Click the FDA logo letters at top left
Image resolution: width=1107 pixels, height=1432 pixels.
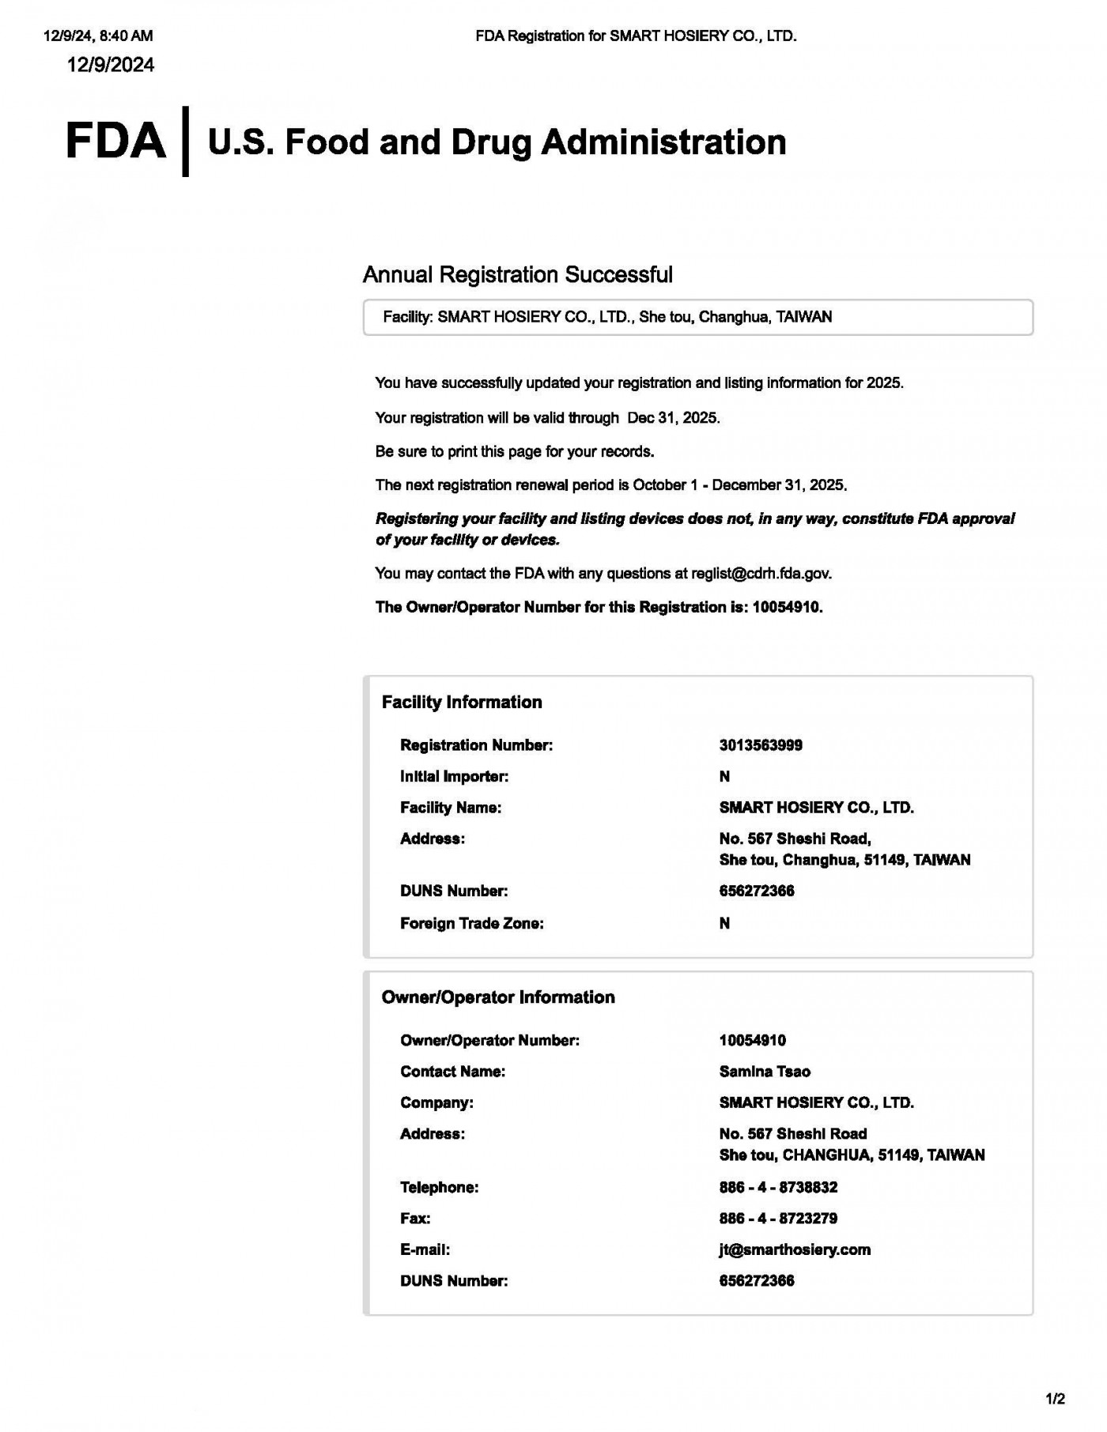115,142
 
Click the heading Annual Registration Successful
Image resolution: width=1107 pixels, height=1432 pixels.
517,275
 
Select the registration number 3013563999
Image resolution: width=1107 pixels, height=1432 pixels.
761,745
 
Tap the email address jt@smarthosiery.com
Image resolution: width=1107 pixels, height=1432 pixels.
795,1249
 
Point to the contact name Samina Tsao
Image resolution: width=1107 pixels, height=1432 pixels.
765,1072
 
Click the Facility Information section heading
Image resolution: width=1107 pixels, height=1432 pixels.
462,703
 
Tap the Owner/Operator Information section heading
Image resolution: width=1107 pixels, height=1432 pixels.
498,997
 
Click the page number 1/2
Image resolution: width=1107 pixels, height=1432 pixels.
1055,1400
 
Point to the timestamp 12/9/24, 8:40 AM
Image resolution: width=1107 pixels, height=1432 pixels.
98,36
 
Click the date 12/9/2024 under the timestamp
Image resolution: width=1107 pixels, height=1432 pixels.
111,65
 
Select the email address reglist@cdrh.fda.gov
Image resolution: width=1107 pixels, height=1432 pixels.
761,574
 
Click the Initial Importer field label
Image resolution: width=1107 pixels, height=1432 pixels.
454,777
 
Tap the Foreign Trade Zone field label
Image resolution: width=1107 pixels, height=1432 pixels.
471,924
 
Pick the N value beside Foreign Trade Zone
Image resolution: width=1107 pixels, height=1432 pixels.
724,924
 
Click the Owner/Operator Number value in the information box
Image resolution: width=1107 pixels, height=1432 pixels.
752,1041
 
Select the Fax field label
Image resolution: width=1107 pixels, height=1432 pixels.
415,1219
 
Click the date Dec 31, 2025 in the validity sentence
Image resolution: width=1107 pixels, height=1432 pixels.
673,418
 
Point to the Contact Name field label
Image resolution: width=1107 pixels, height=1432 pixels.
452,1072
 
